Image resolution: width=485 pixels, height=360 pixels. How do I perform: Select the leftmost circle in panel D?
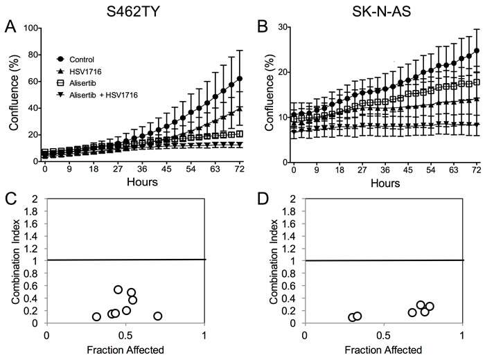click(352, 317)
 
